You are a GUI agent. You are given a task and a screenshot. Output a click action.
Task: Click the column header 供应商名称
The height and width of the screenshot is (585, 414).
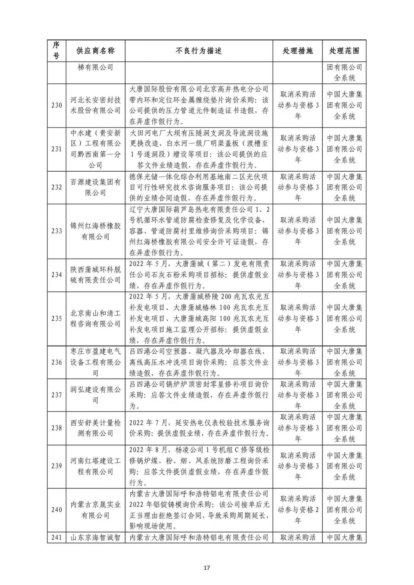pyautogui.click(x=95, y=51)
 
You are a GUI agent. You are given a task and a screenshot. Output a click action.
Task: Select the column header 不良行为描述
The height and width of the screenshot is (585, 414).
pyautogui.click(x=199, y=51)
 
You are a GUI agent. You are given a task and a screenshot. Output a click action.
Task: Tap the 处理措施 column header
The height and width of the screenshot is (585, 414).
pyautogui.click(x=297, y=51)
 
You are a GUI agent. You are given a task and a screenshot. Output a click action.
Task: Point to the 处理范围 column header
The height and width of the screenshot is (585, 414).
pyautogui.click(x=344, y=51)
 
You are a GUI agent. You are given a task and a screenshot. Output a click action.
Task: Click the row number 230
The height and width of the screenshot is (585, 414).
pyautogui.click(x=56, y=105)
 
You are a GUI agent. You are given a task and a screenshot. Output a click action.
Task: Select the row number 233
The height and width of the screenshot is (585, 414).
pyautogui.click(x=56, y=231)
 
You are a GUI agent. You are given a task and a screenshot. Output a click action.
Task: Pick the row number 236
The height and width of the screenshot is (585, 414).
pyautogui.click(x=56, y=362)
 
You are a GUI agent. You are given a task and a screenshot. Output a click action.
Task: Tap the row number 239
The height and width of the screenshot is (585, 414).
pyautogui.click(x=56, y=466)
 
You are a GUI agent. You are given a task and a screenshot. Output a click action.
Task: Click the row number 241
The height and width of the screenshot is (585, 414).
pyautogui.click(x=56, y=537)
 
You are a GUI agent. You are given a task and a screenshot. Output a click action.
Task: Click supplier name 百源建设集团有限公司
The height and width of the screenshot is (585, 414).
pyautogui.click(x=95, y=187)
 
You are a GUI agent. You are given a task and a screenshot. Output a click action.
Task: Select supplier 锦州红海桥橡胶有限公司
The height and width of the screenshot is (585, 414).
pyautogui.click(x=95, y=231)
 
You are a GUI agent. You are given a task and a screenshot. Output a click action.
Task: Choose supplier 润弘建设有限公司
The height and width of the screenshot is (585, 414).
pyautogui.click(x=95, y=395)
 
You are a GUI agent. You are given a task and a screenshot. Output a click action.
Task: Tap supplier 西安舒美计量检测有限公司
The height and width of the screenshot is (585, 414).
pyautogui.click(x=95, y=428)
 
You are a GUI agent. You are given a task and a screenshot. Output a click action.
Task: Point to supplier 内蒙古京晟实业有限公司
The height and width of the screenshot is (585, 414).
pyautogui.click(x=95, y=510)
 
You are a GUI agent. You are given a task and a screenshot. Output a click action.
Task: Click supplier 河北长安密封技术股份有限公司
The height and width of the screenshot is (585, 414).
pyautogui.click(x=95, y=105)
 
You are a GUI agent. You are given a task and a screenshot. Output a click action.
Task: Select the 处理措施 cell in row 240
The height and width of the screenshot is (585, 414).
pyautogui.click(x=297, y=510)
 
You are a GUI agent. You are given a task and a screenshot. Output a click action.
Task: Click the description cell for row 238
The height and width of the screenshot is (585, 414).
pyautogui.click(x=199, y=428)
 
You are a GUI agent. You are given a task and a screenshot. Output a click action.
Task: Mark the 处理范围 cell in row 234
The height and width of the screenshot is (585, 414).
pyautogui.click(x=344, y=275)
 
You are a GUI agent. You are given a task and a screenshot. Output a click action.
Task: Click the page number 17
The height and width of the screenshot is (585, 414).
pyautogui.click(x=207, y=568)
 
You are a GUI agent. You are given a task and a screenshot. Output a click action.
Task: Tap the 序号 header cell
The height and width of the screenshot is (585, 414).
pyautogui.click(x=56, y=51)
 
